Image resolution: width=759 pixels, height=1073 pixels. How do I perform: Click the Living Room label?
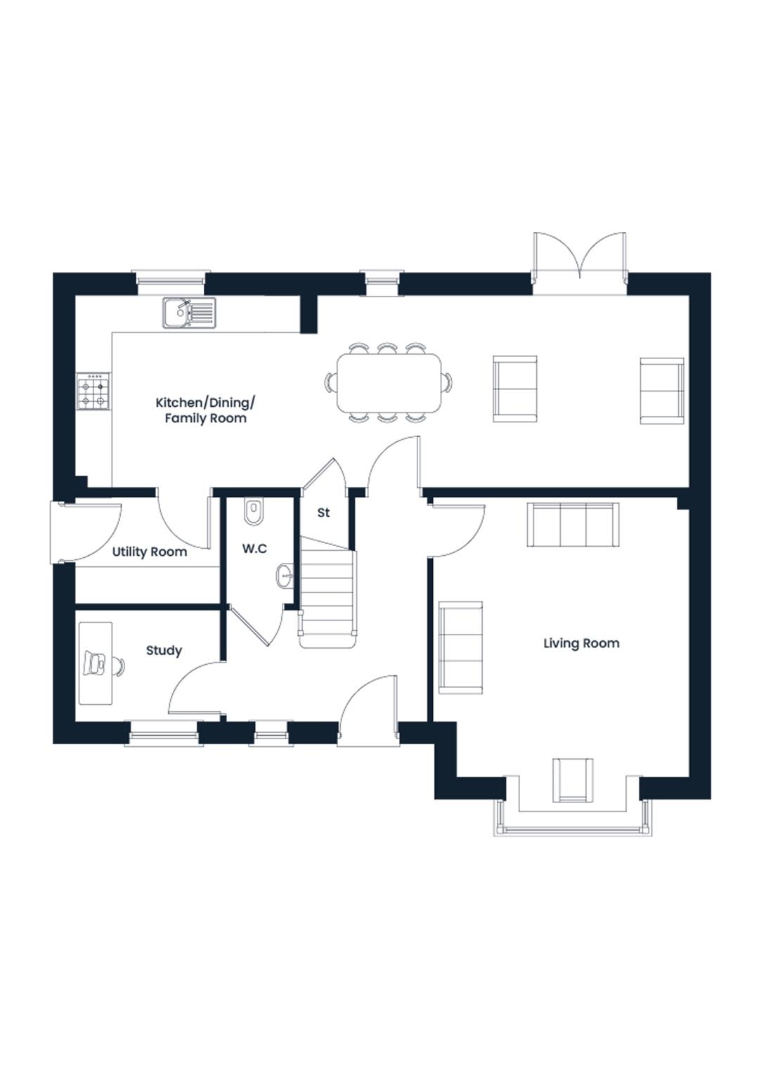(580, 644)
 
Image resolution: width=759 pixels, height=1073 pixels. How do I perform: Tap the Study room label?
(164, 651)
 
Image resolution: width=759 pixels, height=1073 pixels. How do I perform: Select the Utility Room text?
(150, 552)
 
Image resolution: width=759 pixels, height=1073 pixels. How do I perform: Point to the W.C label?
(254, 549)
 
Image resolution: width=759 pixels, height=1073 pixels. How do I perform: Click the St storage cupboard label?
(323, 512)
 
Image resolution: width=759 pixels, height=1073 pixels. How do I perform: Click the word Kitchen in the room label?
(176, 403)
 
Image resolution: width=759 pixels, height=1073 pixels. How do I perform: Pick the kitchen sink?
(189, 313)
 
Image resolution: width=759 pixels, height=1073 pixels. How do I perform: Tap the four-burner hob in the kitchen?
(93, 391)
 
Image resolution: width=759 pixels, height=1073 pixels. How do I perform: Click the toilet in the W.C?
(254, 512)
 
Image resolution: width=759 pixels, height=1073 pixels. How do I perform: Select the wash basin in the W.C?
(285, 575)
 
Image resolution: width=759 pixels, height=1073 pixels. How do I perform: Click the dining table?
(389, 383)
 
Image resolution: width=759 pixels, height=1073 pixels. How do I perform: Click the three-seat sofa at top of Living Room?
(573, 524)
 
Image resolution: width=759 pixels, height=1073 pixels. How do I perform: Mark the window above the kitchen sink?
(171, 282)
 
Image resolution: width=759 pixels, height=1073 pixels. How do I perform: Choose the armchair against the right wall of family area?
(662, 391)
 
